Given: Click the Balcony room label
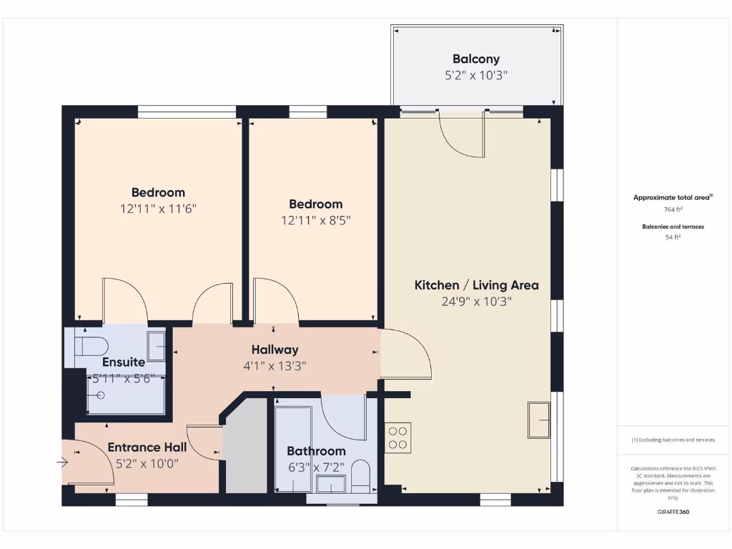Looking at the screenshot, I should [475, 59].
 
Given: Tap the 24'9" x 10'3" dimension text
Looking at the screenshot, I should [476, 302].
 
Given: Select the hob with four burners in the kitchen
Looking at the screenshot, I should [398, 438].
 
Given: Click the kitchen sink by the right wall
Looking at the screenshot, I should [539, 420].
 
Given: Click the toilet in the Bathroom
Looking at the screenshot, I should [360, 476].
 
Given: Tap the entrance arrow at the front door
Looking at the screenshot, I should [62, 463].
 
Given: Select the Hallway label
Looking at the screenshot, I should [274, 350].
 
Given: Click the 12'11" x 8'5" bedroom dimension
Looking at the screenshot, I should [315, 221].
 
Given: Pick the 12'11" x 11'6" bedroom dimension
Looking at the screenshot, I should [158, 209].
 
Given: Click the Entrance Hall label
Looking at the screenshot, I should [147, 447].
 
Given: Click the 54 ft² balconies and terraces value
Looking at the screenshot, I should [673, 237].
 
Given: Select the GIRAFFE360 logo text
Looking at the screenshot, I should [673, 512].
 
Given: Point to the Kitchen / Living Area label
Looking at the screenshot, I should [476, 285].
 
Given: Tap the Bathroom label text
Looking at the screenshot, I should [316, 451].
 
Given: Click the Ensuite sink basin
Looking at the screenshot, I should [157, 346].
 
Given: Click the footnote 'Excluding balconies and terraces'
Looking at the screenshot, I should [673, 440].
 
